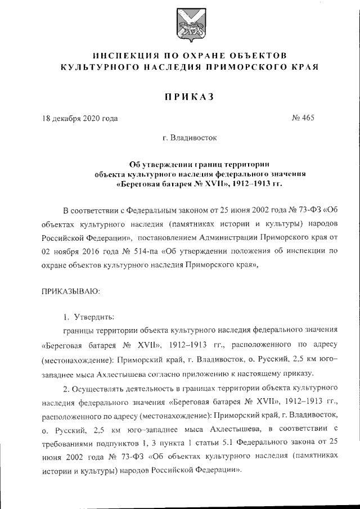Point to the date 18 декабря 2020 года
tap(80, 119)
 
